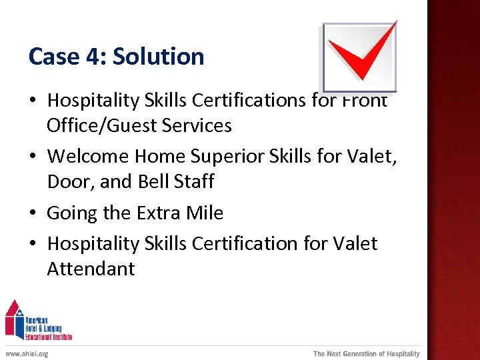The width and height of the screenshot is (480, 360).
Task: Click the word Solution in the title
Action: pyautogui.click(x=158, y=57)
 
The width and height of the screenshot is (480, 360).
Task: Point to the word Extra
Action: pyautogui.click(x=159, y=213)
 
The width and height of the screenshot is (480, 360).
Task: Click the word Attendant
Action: pyautogui.click(x=91, y=269)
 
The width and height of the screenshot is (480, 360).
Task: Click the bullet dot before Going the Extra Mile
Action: pyautogui.click(x=33, y=214)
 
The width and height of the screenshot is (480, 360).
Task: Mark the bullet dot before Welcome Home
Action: pyautogui.click(x=33, y=157)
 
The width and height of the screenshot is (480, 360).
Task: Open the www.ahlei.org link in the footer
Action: pyautogui.click(x=27, y=353)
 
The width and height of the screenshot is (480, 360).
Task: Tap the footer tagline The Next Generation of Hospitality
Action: pyautogui.click(x=367, y=353)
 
